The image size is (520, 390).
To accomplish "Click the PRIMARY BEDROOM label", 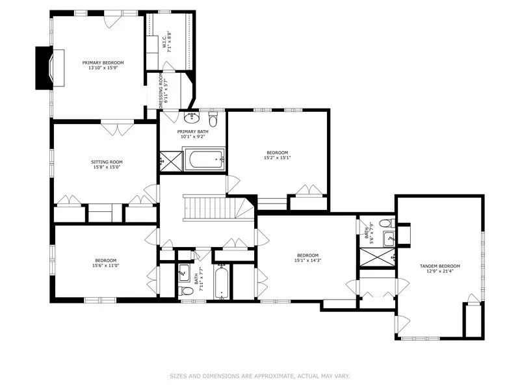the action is [103, 62].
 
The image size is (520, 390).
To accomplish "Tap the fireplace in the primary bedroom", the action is [50, 68].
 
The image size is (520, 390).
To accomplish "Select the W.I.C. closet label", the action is [164, 40].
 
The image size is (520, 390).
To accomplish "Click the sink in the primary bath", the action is [192, 118].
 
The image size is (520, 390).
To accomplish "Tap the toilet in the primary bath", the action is [213, 120].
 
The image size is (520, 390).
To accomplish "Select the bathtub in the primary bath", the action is [204, 160].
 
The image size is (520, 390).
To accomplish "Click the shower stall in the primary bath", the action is [171, 161].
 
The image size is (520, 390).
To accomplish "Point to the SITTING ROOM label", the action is [107, 162].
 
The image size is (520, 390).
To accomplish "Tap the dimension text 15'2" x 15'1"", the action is [278, 158].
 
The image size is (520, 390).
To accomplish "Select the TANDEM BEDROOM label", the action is [440, 266].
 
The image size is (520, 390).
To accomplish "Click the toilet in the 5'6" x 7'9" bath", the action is [387, 223].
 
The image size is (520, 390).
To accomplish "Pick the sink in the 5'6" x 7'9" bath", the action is [389, 239].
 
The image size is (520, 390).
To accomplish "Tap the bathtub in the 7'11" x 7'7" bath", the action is [221, 281].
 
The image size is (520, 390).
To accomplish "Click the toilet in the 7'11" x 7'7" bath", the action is [186, 291].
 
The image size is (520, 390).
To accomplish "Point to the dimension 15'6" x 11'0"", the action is [106, 265].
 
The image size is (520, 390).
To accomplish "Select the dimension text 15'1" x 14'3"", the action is [307, 261].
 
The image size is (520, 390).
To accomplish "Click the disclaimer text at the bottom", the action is [260, 376].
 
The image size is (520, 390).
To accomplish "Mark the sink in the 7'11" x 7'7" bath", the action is [184, 272].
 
